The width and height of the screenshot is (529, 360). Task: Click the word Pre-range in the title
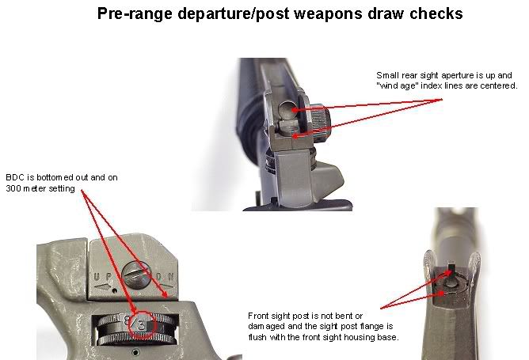click(x=135, y=13)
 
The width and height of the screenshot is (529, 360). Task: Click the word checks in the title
click(x=436, y=13)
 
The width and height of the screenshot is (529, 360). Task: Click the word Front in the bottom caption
click(x=257, y=316)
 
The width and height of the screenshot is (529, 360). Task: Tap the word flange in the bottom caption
click(x=372, y=326)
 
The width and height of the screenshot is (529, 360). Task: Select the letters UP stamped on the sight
click(x=102, y=277)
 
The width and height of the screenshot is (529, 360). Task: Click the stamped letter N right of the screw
click(x=171, y=277)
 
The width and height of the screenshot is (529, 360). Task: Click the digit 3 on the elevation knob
click(x=141, y=326)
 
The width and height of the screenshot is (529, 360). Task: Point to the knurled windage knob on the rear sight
click(x=320, y=122)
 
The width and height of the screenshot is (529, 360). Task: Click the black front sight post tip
click(x=451, y=270)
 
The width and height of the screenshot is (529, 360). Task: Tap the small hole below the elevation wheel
click(x=135, y=352)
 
